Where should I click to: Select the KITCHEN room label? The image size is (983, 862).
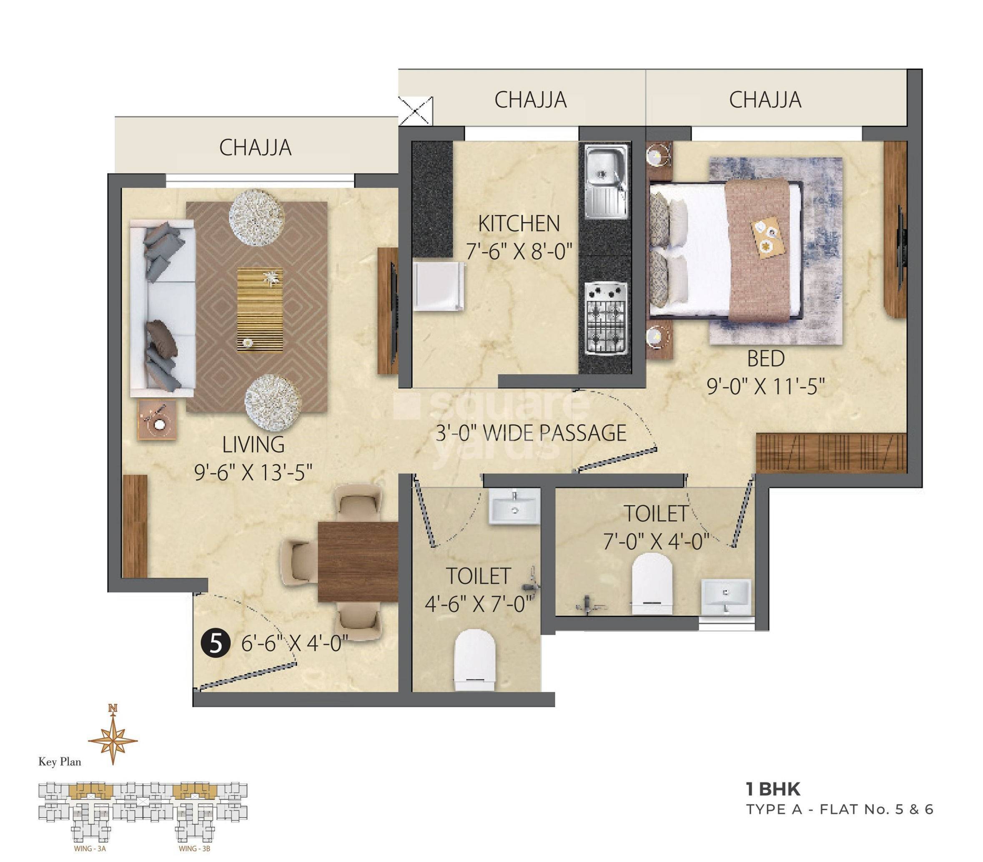519,224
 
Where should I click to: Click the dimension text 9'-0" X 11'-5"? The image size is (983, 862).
766,386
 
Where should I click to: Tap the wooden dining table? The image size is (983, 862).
358,561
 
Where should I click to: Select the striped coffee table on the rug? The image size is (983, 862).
260,310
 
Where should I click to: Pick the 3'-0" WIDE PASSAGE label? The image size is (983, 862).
531,433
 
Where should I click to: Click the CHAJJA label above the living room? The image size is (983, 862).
256,148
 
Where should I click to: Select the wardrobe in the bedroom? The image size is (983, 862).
831,452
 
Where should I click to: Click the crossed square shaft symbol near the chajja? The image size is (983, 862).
416,111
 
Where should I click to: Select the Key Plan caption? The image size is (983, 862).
60,762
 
